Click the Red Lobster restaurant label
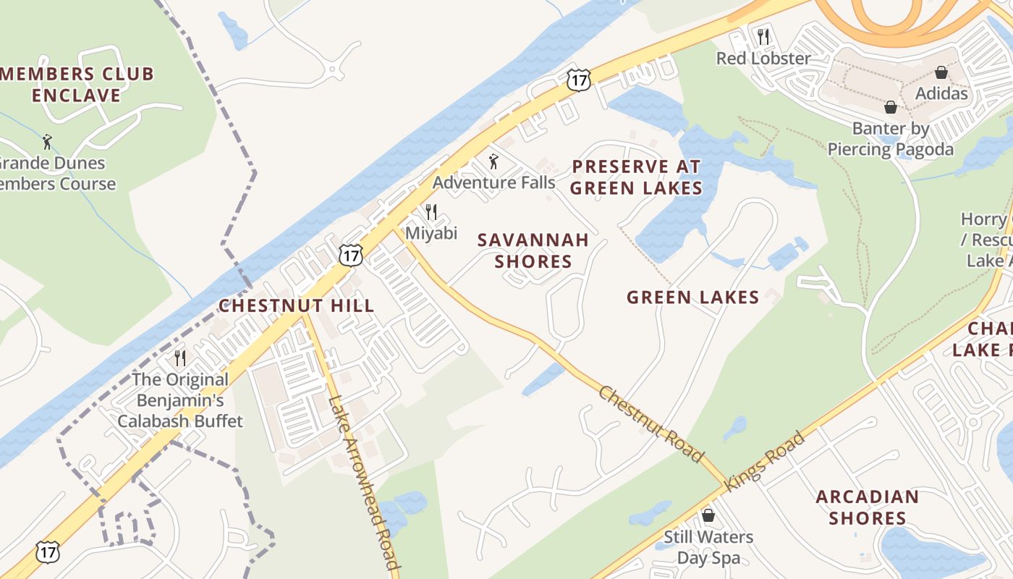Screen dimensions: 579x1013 tap(763, 58)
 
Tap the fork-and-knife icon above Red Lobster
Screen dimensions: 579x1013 tap(763, 35)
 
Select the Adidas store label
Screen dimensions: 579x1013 tap(941, 93)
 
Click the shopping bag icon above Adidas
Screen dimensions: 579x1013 tap(941, 72)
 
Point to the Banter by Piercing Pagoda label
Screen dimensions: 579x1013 tap(890, 139)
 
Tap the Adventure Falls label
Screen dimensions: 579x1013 tap(493, 182)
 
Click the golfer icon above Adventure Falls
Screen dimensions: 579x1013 tap(494, 161)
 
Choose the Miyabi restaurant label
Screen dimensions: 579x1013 tap(431, 232)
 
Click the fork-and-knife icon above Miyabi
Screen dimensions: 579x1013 tap(431, 211)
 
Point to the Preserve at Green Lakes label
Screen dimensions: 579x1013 tap(636, 177)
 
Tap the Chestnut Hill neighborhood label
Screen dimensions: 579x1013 tap(297, 305)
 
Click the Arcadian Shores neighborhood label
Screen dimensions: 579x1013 tap(867, 507)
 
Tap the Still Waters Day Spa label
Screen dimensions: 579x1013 tap(708, 547)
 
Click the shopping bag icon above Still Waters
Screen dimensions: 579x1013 tap(708, 515)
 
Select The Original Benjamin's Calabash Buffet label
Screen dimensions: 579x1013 tap(180, 400)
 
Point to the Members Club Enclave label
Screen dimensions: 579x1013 tap(76, 84)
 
